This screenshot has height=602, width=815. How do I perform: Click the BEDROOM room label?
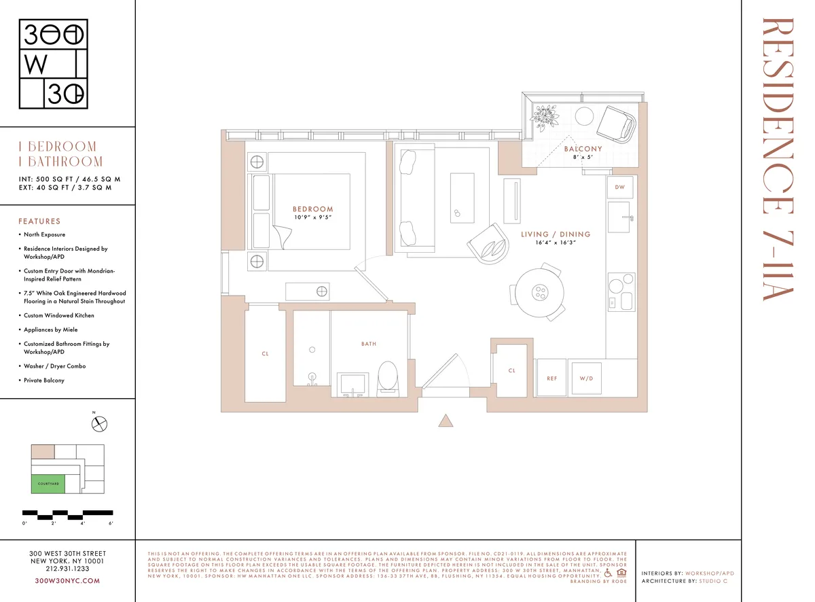pos(312,209)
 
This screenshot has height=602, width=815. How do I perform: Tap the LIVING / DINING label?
pos(556,234)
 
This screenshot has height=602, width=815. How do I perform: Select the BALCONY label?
pos(583,149)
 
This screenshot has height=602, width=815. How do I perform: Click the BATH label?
pos(369,344)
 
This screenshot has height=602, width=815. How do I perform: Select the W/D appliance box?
pos(586,378)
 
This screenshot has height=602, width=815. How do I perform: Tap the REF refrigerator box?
pos(551,378)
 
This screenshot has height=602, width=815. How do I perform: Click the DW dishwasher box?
pos(619,187)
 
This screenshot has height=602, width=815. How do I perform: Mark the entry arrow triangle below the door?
pos(446,421)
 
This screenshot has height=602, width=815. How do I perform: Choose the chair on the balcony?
pos(616,124)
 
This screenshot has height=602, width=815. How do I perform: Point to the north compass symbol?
pos(101,424)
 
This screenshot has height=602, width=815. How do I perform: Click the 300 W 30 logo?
pos(54,65)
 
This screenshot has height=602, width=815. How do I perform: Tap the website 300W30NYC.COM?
pos(67,580)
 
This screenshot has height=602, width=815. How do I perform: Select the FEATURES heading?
pos(39,221)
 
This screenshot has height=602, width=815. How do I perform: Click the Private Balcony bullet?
pos(44,380)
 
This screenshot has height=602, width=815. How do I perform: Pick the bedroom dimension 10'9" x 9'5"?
pos(312,217)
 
